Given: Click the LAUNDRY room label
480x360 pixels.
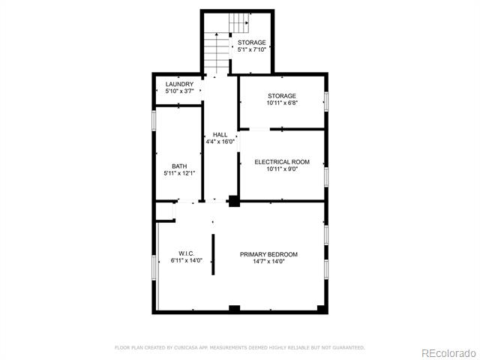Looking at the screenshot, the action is click(x=179, y=84).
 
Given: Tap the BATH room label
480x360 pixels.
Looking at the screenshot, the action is click(x=179, y=166).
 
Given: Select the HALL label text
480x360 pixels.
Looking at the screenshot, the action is click(x=220, y=135).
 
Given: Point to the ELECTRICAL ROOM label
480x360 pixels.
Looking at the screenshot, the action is click(x=282, y=162).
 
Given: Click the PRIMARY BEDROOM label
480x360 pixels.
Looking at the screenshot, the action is click(x=268, y=254).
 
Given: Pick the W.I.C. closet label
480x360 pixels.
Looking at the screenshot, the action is click(x=187, y=253).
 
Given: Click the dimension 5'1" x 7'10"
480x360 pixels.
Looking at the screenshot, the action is click(x=252, y=49).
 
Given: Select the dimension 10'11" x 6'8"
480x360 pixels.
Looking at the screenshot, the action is click(x=282, y=103).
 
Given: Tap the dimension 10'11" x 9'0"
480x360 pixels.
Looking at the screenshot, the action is click(x=282, y=169).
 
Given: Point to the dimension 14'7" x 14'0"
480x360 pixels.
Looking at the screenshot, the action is click(x=268, y=262).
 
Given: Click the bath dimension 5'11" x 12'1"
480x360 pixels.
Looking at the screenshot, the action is click(x=179, y=173).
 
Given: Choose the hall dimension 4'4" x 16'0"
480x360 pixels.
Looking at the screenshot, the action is click(x=220, y=142).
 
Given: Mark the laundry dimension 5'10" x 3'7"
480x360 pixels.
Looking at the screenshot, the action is click(x=179, y=91).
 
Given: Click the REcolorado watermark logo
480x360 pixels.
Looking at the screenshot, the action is click(x=448, y=353).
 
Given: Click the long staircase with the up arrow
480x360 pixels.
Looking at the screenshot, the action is click(x=217, y=53).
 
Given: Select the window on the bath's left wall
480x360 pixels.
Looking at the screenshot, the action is click(x=154, y=121).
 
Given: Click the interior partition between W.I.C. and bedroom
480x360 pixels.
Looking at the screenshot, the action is click(x=213, y=254).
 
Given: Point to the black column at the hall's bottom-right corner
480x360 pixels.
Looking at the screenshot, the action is click(x=234, y=201).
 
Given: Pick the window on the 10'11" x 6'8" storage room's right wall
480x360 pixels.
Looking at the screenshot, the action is click(x=326, y=101).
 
